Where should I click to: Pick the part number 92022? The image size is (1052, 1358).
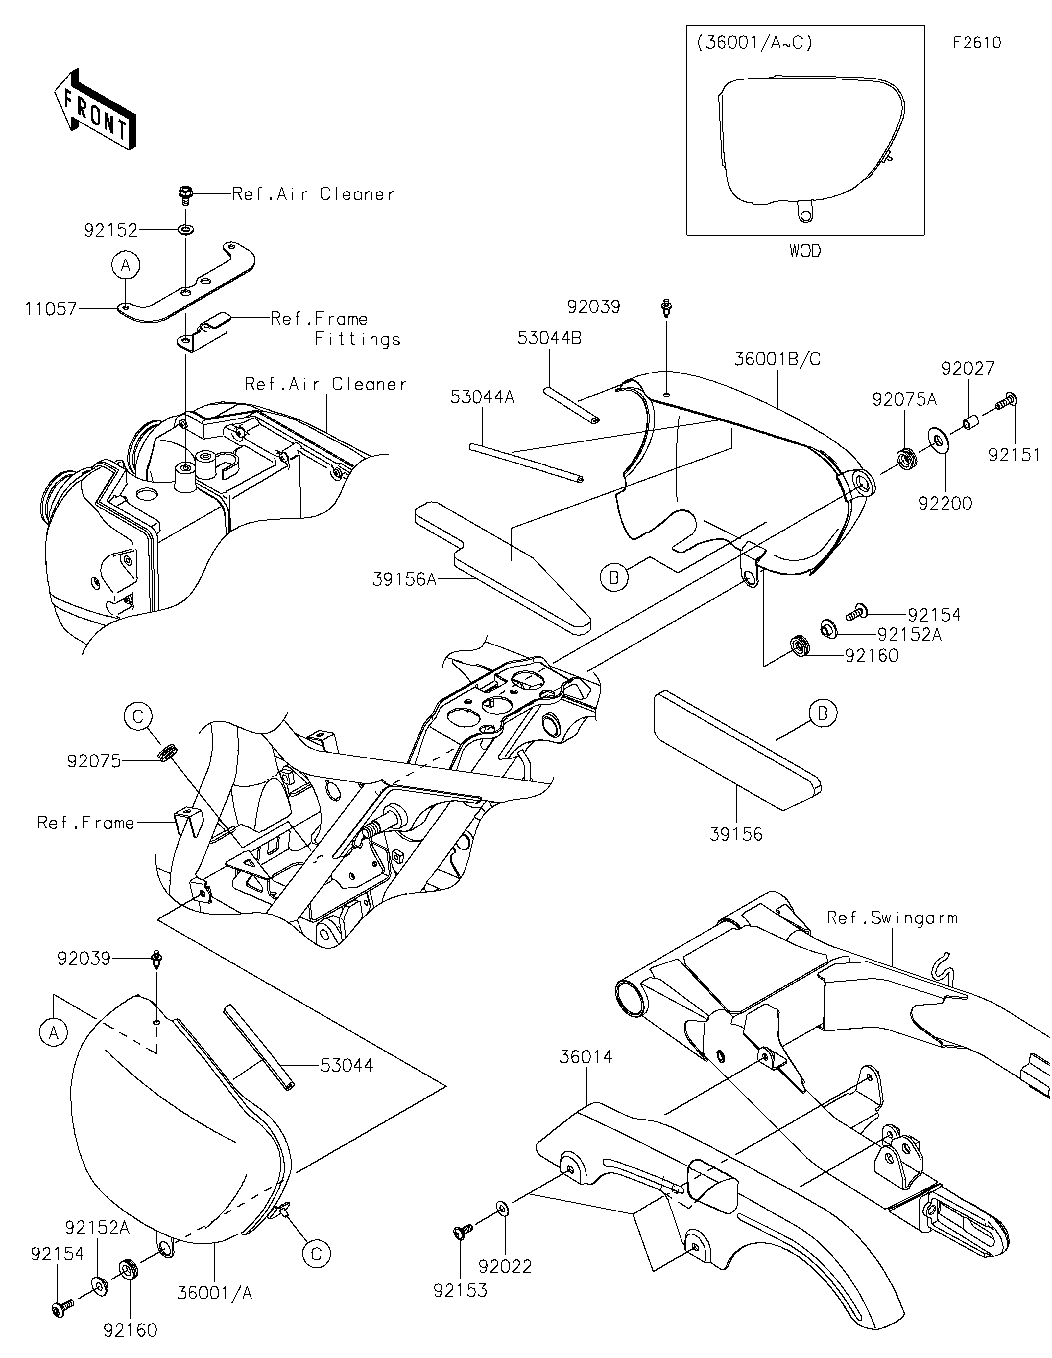point(505,1266)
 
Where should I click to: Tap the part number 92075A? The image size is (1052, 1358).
point(904,400)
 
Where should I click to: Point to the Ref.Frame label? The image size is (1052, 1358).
point(86,823)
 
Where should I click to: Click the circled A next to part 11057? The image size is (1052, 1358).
point(126,266)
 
